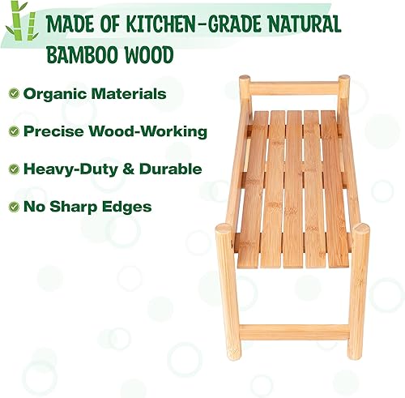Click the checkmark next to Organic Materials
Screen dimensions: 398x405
14,93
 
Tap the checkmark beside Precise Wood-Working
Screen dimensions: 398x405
14,131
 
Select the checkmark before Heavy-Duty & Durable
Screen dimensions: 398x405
14,169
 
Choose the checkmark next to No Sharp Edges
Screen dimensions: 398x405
14,207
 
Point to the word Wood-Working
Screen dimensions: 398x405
156,131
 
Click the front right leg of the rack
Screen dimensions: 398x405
358,292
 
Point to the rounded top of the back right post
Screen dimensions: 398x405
344,79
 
